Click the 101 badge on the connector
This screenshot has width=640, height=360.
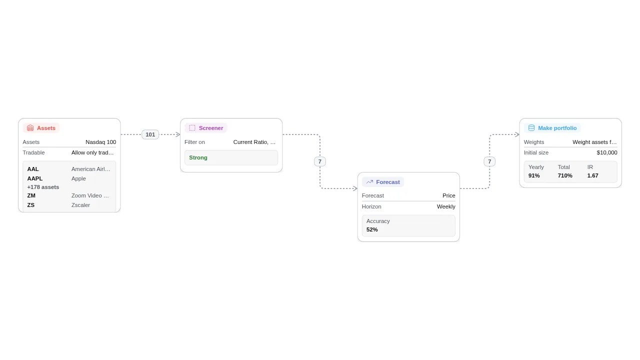click(x=150, y=134)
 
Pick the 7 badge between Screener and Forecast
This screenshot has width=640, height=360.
click(x=320, y=161)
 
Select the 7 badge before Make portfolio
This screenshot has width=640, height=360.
click(x=489, y=161)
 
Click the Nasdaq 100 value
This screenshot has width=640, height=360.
click(x=100, y=142)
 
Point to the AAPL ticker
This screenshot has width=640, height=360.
click(x=35, y=178)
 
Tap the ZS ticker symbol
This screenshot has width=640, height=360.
click(x=31, y=205)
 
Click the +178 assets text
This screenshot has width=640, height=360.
click(x=43, y=187)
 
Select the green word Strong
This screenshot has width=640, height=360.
click(x=198, y=157)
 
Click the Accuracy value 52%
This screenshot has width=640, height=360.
click(x=372, y=229)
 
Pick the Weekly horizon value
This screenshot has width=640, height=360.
click(x=446, y=206)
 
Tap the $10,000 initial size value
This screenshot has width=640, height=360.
click(x=606, y=152)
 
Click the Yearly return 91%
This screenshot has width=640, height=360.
click(x=534, y=175)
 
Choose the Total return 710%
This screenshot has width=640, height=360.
click(x=565, y=175)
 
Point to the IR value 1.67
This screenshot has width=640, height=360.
click(x=592, y=175)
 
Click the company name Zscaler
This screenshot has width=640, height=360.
click(x=80, y=205)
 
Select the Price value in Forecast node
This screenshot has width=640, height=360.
click(x=448, y=195)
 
